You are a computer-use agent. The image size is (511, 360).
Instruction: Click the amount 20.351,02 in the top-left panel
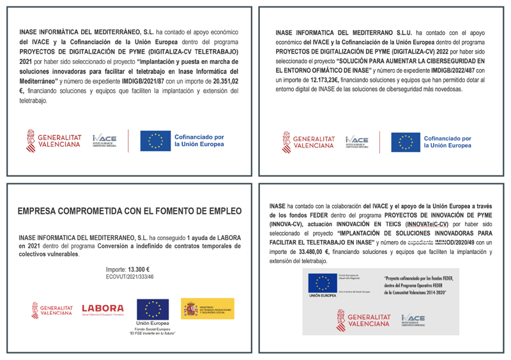tap(226, 81)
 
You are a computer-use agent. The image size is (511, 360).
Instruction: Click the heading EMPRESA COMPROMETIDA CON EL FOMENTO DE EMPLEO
tap(130, 210)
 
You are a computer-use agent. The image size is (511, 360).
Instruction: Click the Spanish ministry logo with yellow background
tap(208, 308)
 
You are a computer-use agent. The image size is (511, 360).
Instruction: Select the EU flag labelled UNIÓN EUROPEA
tap(322, 285)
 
